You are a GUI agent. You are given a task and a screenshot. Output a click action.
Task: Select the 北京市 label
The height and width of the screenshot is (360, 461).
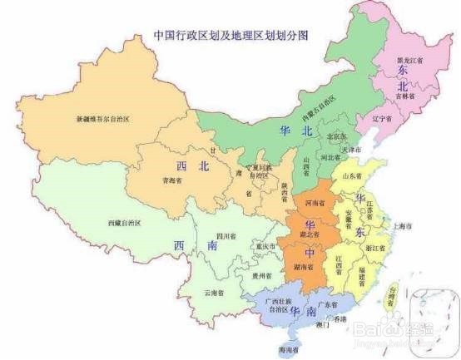tap(337, 136)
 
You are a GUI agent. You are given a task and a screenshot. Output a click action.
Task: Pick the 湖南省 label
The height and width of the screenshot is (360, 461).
tap(303, 268)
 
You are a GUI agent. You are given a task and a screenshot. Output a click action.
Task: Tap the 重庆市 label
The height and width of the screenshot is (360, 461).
tap(265, 246)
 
